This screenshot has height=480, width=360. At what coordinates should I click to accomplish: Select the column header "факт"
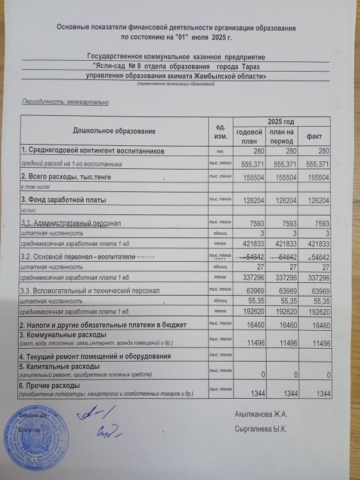[x=314, y=136]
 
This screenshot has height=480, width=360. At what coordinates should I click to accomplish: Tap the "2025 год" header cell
[x=281, y=122]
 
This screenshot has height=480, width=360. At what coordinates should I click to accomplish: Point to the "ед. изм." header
[x=220, y=131]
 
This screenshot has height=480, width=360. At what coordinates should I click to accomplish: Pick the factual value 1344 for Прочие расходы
[x=320, y=392]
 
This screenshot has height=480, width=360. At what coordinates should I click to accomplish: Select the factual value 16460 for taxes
[x=319, y=325]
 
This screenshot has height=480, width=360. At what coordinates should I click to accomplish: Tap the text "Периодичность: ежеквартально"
[x=66, y=102]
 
